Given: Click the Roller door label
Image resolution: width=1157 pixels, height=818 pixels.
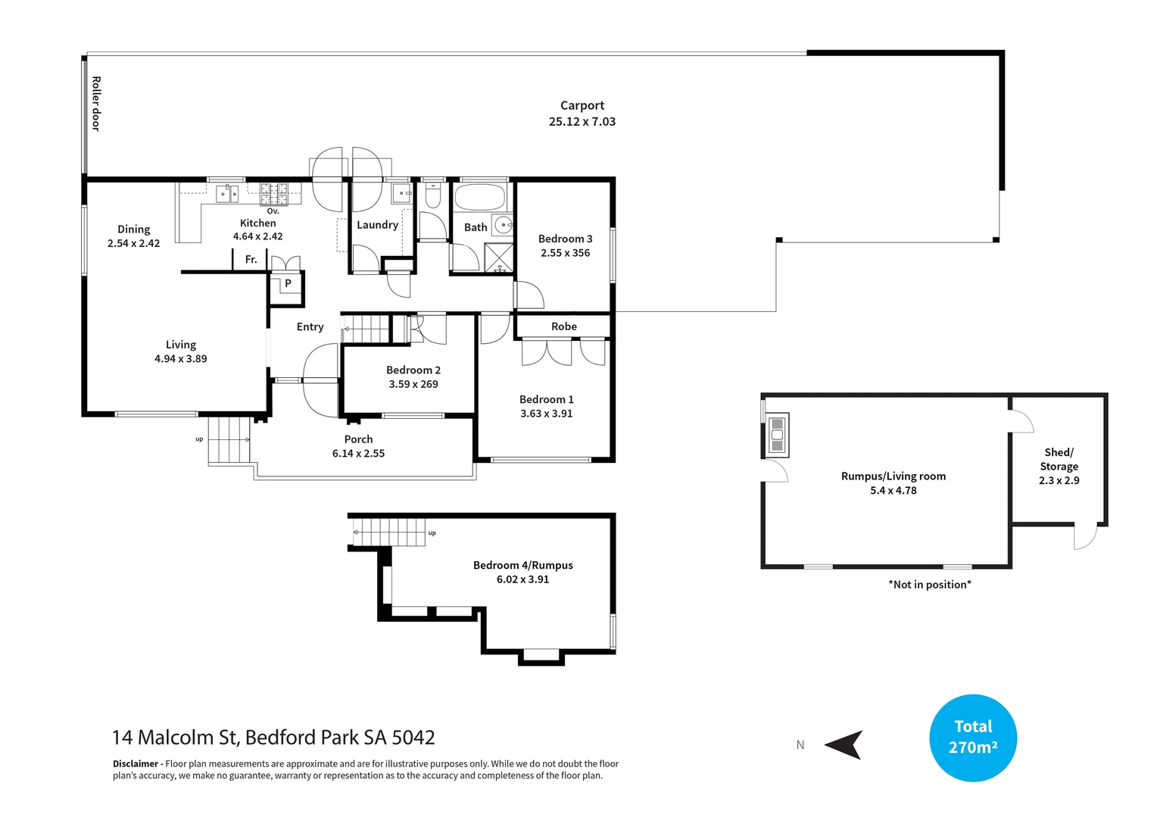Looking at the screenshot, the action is click(x=96, y=104).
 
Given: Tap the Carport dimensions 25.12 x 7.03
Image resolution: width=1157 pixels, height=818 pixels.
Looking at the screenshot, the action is click(x=582, y=122).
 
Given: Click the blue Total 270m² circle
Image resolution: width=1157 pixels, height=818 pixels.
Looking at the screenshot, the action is click(x=972, y=737).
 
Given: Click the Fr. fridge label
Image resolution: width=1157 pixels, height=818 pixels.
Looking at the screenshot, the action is click(x=251, y=260).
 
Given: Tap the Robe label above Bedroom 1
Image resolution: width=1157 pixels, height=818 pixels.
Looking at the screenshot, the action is click(x=564, y=326).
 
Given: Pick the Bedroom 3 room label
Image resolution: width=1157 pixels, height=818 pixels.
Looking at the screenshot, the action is click(x=565, y=239).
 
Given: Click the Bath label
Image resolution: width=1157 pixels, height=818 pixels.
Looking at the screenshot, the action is click(x=476, y=227).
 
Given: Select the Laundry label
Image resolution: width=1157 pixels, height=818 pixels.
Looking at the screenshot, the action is click(x=377, y=225).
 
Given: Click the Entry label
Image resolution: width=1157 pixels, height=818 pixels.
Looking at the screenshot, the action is click(x=310, y=327).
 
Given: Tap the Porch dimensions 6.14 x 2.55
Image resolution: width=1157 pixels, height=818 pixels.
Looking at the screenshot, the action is click(x=358, y=454).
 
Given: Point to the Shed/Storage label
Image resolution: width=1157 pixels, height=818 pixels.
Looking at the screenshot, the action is click(x=1059, y=459).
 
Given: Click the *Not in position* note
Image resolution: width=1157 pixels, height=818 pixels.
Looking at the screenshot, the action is click(x=930, y=585).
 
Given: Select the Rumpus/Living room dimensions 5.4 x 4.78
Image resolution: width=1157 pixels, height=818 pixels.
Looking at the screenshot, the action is click(x=893, y=491).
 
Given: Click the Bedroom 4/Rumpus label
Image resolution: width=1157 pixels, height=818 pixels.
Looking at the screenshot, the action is click(x=522, y=565).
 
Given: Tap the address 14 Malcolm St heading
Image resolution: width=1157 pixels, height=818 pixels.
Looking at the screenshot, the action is click(x=273, y=737).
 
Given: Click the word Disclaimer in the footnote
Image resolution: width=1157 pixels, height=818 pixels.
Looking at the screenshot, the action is click(x=136, y=763).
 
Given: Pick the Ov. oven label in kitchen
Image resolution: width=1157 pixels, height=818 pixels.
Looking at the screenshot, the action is click(x=273, y=211).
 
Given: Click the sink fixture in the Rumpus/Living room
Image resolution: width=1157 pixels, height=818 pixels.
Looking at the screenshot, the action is click(x=777, y=435).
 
